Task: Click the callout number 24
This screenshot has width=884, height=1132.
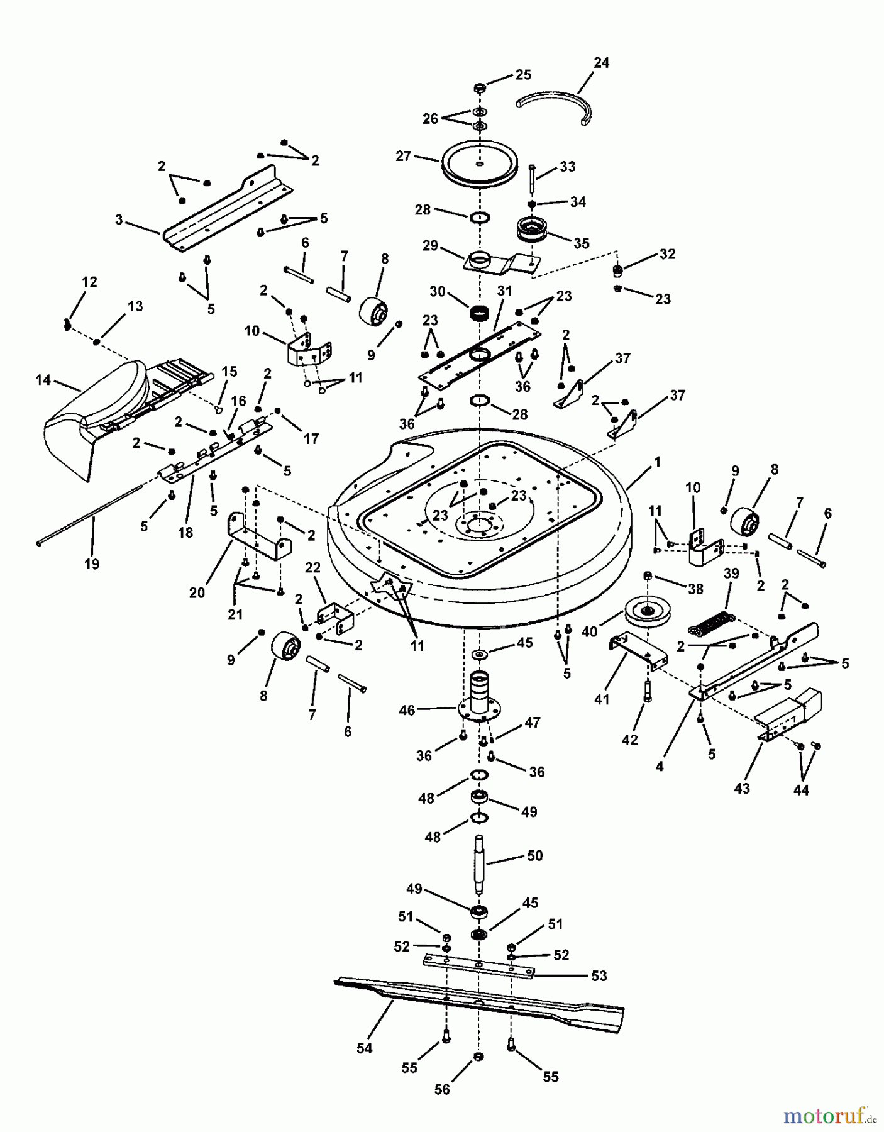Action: point(601,63)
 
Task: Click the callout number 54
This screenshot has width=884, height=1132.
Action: point(364,1048)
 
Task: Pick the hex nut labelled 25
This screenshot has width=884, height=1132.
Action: point(478,87)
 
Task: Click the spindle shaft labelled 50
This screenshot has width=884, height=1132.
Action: point(480,863)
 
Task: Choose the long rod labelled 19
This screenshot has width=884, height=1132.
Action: point(94,511)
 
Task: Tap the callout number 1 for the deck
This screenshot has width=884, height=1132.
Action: point(658,462)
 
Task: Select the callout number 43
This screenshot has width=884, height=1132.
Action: point(742,788)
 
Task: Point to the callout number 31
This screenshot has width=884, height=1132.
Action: point(505,291)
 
